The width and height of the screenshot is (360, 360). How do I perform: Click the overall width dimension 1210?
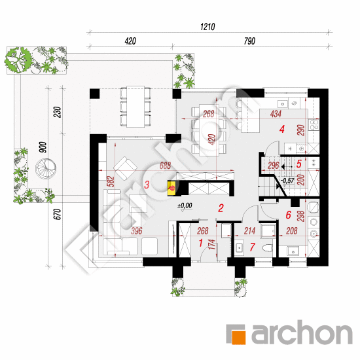[207, 27]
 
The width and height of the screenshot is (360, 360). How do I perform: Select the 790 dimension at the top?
[249, 41]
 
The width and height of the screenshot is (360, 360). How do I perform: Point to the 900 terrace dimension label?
[43, 147]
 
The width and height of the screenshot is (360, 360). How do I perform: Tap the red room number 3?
[147, 185]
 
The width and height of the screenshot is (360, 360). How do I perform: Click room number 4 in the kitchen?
[282, 129]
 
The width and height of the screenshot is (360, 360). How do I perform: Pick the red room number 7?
[253, 247]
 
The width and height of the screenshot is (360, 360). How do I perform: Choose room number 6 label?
[289, 215]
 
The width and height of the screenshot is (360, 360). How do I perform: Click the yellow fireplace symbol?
[171, 189]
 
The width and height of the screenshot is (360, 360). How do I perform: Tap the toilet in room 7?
[268, 248]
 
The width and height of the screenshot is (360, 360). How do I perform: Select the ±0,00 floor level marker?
[185, 206]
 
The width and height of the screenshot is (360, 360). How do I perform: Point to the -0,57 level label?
[287, 181]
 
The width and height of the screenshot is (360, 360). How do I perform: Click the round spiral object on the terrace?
[45, 168]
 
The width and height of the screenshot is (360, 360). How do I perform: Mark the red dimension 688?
[166, 166]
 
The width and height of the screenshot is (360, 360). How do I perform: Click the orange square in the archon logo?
[238, 337]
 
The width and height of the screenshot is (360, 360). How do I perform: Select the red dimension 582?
[111, 181]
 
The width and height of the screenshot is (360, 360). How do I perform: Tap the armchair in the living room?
[125, 168]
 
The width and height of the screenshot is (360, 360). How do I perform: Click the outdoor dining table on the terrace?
[135, 107]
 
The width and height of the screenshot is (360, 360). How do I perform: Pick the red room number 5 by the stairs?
[298, 164]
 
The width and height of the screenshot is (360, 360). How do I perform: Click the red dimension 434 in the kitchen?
[276, 114]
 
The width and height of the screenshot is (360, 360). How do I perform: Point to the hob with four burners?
[314, 125]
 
